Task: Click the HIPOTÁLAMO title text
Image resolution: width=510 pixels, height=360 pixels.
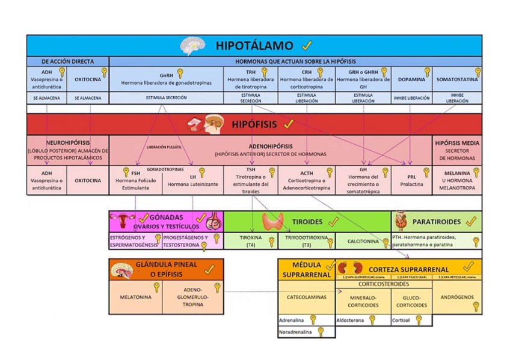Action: (254, 46)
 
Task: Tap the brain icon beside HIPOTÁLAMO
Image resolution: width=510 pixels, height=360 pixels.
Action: (194, 46)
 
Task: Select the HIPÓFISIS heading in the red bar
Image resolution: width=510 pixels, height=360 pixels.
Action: (254, 124)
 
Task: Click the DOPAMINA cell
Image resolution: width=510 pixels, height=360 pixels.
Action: (411, 79)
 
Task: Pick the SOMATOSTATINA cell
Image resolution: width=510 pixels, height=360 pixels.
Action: (457, 79)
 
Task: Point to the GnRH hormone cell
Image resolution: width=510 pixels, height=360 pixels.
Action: (166, 79)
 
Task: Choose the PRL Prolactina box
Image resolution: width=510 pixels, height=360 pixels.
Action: (412, 181)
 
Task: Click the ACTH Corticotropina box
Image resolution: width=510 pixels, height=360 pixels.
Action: (306, 180)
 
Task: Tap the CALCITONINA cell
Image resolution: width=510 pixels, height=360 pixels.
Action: (363, 242)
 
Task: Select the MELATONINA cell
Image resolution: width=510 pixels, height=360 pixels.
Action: (135, 297)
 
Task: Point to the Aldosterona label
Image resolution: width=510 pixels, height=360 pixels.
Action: (351, 320)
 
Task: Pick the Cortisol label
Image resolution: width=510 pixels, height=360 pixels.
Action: (401, 320)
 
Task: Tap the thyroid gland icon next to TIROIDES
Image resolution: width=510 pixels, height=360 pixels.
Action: (272, 222)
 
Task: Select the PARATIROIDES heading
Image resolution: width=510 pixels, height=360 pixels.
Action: (436, 222)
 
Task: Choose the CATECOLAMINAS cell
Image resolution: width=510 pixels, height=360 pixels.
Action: (307, 297)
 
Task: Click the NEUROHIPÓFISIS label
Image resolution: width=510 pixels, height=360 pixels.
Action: (68, 144)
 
